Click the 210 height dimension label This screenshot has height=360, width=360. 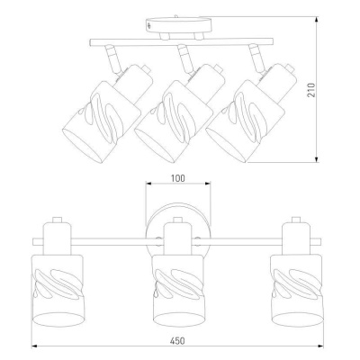pyautogui.click(x=311, y=90)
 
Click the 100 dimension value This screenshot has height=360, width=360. pyautogui.click(x=178, y=178)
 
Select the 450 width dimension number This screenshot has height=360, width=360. pyautogui.click(x=177, y=341)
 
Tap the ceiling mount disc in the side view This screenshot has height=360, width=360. pyautogui.click(x=179, y=25)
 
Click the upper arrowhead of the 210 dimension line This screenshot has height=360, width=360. pyautogui.click(x=317, y=20)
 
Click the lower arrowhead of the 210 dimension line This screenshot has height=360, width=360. pyautogui.click(x=317, y=159)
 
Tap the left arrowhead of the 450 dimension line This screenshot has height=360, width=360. pyautogui.click(x=35, y=346)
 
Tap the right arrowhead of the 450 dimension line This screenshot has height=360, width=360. pyautogui.click(x=319, y=346)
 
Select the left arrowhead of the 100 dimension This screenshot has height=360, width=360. pyautogui.click(x=149, y=184)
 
